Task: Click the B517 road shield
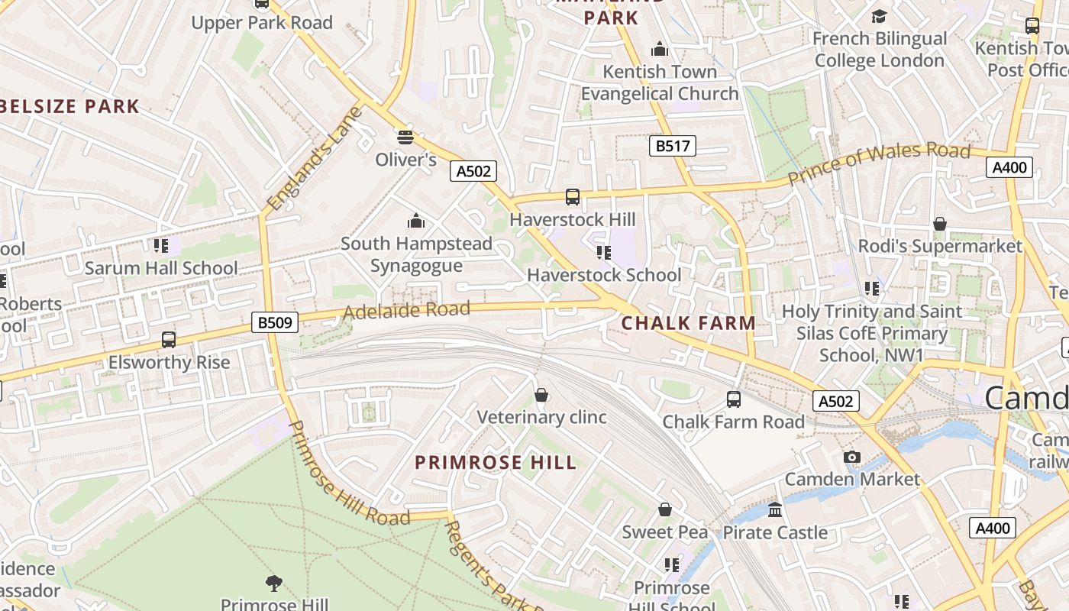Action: pyautogui.click(x=673, y=146)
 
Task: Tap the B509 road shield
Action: pyautogui.click(x=274, y=322)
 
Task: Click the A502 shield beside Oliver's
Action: pyautogui.click(x=473, y=171)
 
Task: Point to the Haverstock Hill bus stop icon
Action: pyautogui.click(x=573, y=197)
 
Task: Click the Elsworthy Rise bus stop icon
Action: pyautogui.click(x=169, y=340)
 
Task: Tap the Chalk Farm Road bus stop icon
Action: pyautogui.click(x=733, y=399)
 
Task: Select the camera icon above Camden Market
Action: pyautogui.click(x=852, y=457)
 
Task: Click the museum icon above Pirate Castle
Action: pyautogui.click(x=775, y=509)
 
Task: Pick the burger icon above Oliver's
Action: pyautogui.click(x=405, y=137)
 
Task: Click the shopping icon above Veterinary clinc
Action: pyautogui.click(x=541, y=395)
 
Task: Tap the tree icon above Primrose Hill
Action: pyautogui.click(x=274, y=584)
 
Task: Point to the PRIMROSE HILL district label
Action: pyautogui.click(x=496, y=463)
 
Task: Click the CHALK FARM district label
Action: pyautogui.click(x=688, y=323)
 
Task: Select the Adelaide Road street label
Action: pyautogui.click(x=405, y=310)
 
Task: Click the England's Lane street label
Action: pyautogui.click(x=314, y=159)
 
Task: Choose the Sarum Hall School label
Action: pyautogui.click(x=161, y=268)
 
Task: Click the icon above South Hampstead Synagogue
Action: pyautogui.click(x=416, y=221)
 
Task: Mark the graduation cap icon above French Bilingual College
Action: pyautogui.click(x=880, y=16)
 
